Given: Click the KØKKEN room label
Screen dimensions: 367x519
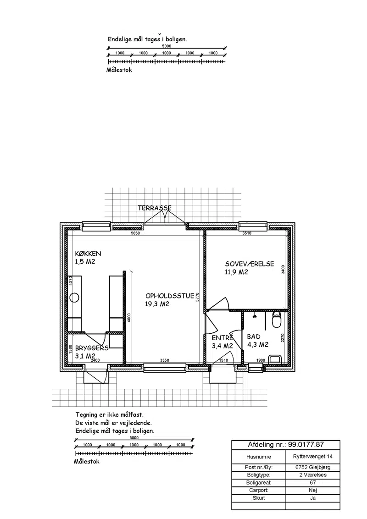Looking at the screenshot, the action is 88,254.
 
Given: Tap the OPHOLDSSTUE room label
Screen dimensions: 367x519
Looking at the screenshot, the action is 170,296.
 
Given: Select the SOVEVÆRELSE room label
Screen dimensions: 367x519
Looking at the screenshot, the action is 250,264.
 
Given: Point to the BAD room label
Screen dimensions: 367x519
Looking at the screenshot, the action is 254,337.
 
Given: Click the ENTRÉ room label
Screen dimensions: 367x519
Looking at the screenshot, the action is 222,338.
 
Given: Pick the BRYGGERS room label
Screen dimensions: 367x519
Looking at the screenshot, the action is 92,348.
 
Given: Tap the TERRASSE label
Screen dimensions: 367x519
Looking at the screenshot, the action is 155,208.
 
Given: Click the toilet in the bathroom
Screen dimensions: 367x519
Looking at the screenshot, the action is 276,319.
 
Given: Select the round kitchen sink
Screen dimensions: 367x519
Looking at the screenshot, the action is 74,298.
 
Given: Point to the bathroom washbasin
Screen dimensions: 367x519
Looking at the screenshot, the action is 275,359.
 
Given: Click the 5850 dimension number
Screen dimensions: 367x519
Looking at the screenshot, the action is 135,233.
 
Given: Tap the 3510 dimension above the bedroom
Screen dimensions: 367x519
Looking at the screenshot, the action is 247,233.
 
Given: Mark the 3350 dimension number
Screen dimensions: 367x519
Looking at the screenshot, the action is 165,360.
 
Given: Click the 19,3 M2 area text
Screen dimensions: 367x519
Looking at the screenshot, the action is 157,304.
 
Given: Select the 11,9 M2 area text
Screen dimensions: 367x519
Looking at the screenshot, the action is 237,272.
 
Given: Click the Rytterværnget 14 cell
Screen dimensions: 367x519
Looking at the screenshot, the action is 313,457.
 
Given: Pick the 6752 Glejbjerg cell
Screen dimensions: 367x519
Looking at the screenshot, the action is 313,467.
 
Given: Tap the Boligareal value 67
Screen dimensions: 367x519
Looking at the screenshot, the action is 313,483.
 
